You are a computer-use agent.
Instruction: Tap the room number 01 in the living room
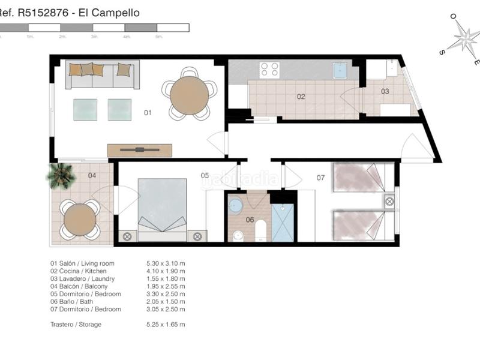[x=148, y=112]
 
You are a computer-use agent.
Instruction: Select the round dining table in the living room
[x=189, y=95]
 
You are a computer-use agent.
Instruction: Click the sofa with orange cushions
[x=102, y=74]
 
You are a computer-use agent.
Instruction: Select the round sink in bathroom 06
[x=236, y=206]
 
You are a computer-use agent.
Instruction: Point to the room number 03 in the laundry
[x=385, y=92]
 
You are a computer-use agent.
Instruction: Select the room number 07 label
[x=320, y=178]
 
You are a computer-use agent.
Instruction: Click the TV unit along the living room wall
[x=140, y=150]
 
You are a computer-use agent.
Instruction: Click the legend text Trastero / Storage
[x=76, y=325]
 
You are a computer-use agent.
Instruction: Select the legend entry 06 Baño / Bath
[x=77, y=302]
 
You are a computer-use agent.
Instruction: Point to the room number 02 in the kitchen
[x=301, y=96]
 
